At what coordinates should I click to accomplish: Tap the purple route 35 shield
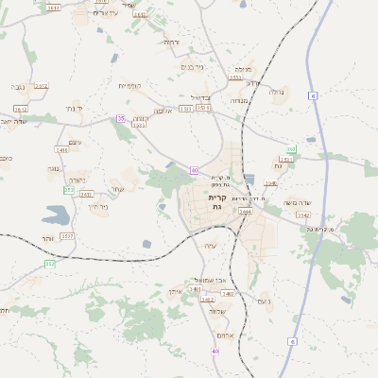(x=121, y=118)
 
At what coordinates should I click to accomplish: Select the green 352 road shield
(x=49, y=264)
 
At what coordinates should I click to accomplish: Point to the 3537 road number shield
(x=67, y=234)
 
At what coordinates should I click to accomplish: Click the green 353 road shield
(x=69, y=190)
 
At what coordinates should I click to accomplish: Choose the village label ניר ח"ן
(x=96, y=206)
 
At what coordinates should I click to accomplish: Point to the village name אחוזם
(x=225, y=335)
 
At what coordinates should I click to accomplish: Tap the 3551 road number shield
(x=235, y=78)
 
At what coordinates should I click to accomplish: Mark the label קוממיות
(x=130, y=86)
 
